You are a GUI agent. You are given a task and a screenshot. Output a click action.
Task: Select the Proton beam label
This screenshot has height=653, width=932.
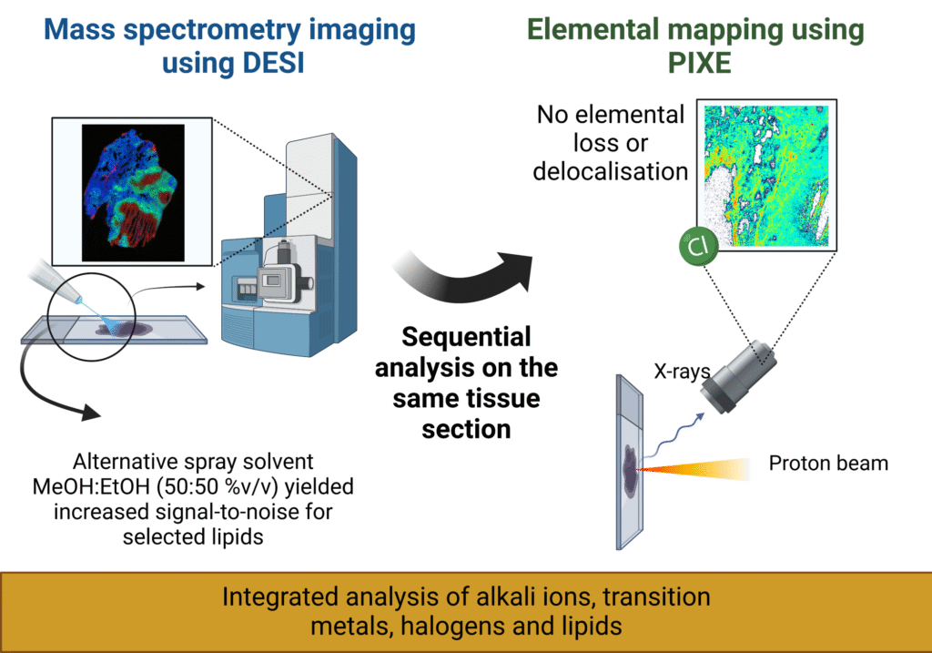(827, 463)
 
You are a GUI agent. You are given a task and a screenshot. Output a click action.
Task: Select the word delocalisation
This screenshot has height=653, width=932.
(610, 170)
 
